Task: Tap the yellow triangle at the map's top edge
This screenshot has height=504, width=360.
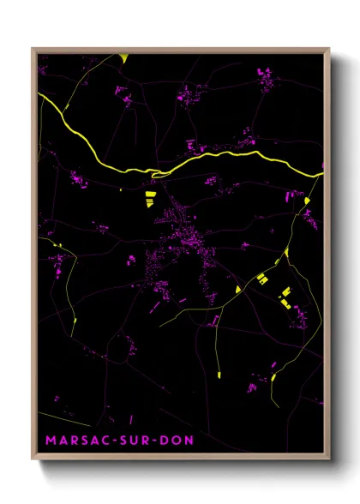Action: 125,58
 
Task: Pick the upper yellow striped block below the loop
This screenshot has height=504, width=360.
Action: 148,195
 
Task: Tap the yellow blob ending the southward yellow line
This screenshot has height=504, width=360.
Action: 219,373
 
